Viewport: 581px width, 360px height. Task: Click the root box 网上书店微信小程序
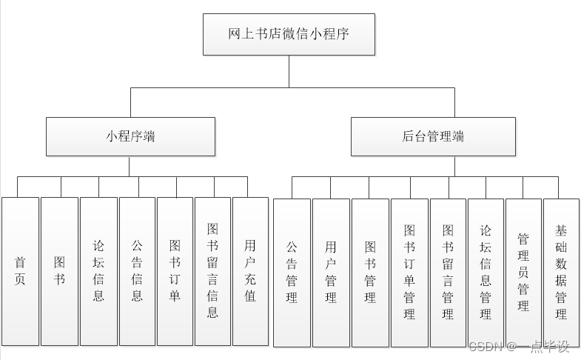pyautogui.click(x=289, y=34)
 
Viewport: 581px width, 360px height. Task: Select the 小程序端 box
pyautogui.click(x=130, y=136)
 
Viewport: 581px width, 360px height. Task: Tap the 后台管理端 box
pyautogui.click(x=433, y=136)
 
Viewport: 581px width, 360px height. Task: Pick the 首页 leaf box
pyautogui.click(x=20, y=271)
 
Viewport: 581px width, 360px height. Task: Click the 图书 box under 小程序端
pyautogui.click(x=59, y=271)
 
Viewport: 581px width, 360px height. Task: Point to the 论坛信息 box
pyautogui.click(x=98, y=271)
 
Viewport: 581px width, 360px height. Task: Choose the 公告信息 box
pyautogui.click(x=137, y=271)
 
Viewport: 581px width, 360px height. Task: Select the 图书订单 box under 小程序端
pyautogui.click(x=175, y=271)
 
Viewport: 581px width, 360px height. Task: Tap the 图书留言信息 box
pyautogui.click(x=213, y=271)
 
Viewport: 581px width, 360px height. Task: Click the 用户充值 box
pyautogui.click(x=251, y=271)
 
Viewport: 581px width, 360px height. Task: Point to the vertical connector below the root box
pyautogui.click(x=289, y=71)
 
